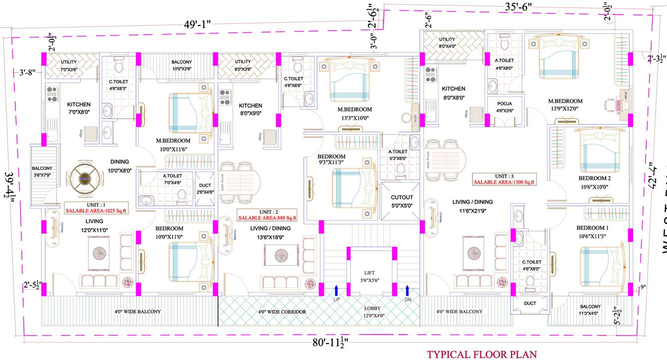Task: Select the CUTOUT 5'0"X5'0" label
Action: pyautogui.click(x=401, y=201)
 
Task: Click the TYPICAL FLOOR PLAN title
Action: pyautogui.click(x=481, y=354)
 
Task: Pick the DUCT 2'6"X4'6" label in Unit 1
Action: pyautogui.click(x=205, y=181)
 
